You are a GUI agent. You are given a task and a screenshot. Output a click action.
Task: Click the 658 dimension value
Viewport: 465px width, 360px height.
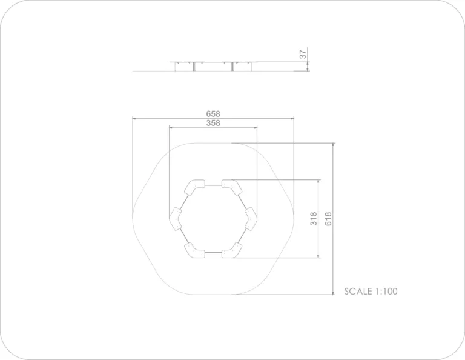pos(213,114)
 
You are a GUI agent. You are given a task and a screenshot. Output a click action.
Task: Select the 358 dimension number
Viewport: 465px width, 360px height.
pos(213,123)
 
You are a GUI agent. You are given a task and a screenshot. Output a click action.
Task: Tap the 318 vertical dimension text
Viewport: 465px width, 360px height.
pos(314,219)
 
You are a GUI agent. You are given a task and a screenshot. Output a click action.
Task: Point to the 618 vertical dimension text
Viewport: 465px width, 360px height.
pos(328,219)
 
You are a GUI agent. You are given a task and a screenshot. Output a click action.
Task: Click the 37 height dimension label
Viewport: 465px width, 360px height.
pos(303,55)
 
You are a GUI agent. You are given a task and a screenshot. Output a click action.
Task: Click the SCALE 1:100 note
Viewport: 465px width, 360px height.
pos(371,292)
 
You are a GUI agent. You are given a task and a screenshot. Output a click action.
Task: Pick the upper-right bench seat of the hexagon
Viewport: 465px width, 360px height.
pos(232,187)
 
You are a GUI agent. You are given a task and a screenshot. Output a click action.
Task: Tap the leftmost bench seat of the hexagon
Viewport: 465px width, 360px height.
pos(175,219)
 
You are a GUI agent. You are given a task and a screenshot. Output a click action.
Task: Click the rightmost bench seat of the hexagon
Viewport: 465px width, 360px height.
pos(251,219)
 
